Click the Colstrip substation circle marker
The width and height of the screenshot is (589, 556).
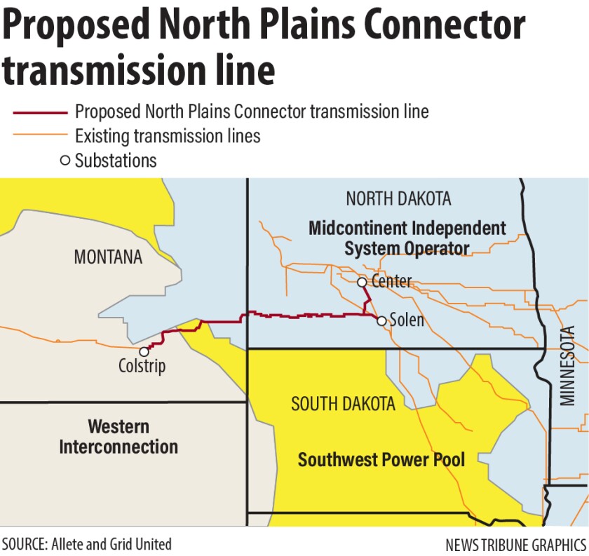pyautogui.click(x=144, y=351)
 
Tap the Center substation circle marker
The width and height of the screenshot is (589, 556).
pyautogui.click(x=362, y=283)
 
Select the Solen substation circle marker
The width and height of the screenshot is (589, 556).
pyautogui.click(x=381, y=321)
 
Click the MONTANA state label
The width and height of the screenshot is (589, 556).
pyautogui.click(x=108, y=257)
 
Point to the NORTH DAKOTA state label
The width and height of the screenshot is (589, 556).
pyautogui.click(x=398, y=198)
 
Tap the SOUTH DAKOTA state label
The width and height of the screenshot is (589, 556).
pyautogui.click(x=343, y=404)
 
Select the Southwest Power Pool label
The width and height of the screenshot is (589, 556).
pyautogui.click(x=381, y=460)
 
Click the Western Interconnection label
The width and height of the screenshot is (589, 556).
pyautogui.click(x=119, y=436)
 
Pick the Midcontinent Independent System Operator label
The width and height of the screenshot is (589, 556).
pyautogui.click(x=407, y=238)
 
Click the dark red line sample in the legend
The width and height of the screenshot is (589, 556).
pyautogui.click(x=40, y=112)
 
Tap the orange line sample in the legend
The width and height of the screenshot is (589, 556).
pyautogui.click(x=40, y=136)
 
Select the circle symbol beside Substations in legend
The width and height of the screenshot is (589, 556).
pyautogui.click(x=65, y=161)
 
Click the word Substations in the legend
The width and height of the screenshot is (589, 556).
pyautogui.click(x=116, y=161)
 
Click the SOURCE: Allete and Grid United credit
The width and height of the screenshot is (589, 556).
pyautogui.click(x=87, y=543)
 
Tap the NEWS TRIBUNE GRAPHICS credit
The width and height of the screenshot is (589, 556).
pyautogui.click(x=515, y=545)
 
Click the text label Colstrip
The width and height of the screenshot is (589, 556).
pyautogui.click(x=142, y=367)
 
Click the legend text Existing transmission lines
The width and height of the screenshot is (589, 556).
pyautogui.click(x=168, y=136)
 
